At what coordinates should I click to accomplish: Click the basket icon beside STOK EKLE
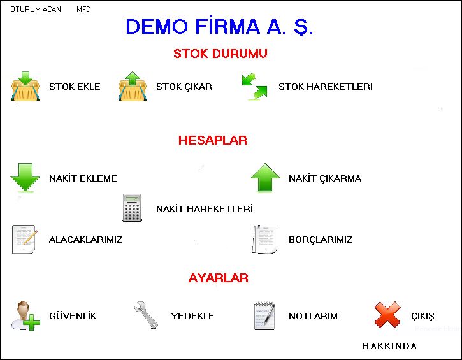25,86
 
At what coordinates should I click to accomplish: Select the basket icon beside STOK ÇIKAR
133,86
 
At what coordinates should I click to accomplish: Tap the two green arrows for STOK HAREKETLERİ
254,86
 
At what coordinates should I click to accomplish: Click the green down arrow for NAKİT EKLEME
25,178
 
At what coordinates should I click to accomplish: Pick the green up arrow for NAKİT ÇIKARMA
265,178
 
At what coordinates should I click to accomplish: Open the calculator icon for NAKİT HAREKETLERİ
132,207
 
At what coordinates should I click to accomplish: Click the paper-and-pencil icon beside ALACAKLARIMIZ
25,239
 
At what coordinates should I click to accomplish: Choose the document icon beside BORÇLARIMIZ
265,239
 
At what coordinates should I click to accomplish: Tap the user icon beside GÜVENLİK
25,315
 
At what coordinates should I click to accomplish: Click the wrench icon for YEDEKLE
146,315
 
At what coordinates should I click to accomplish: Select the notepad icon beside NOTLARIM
264,315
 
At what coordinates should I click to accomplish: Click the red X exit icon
387,315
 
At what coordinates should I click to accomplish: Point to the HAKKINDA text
389,346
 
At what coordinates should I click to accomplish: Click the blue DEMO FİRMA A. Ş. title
219,27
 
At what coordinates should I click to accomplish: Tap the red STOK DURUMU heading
220,54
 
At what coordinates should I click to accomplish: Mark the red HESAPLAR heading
212,140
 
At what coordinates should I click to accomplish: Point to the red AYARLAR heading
219,278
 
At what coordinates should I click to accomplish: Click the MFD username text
83,10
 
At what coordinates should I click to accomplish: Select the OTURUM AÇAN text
36,10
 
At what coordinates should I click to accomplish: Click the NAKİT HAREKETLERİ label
205,209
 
